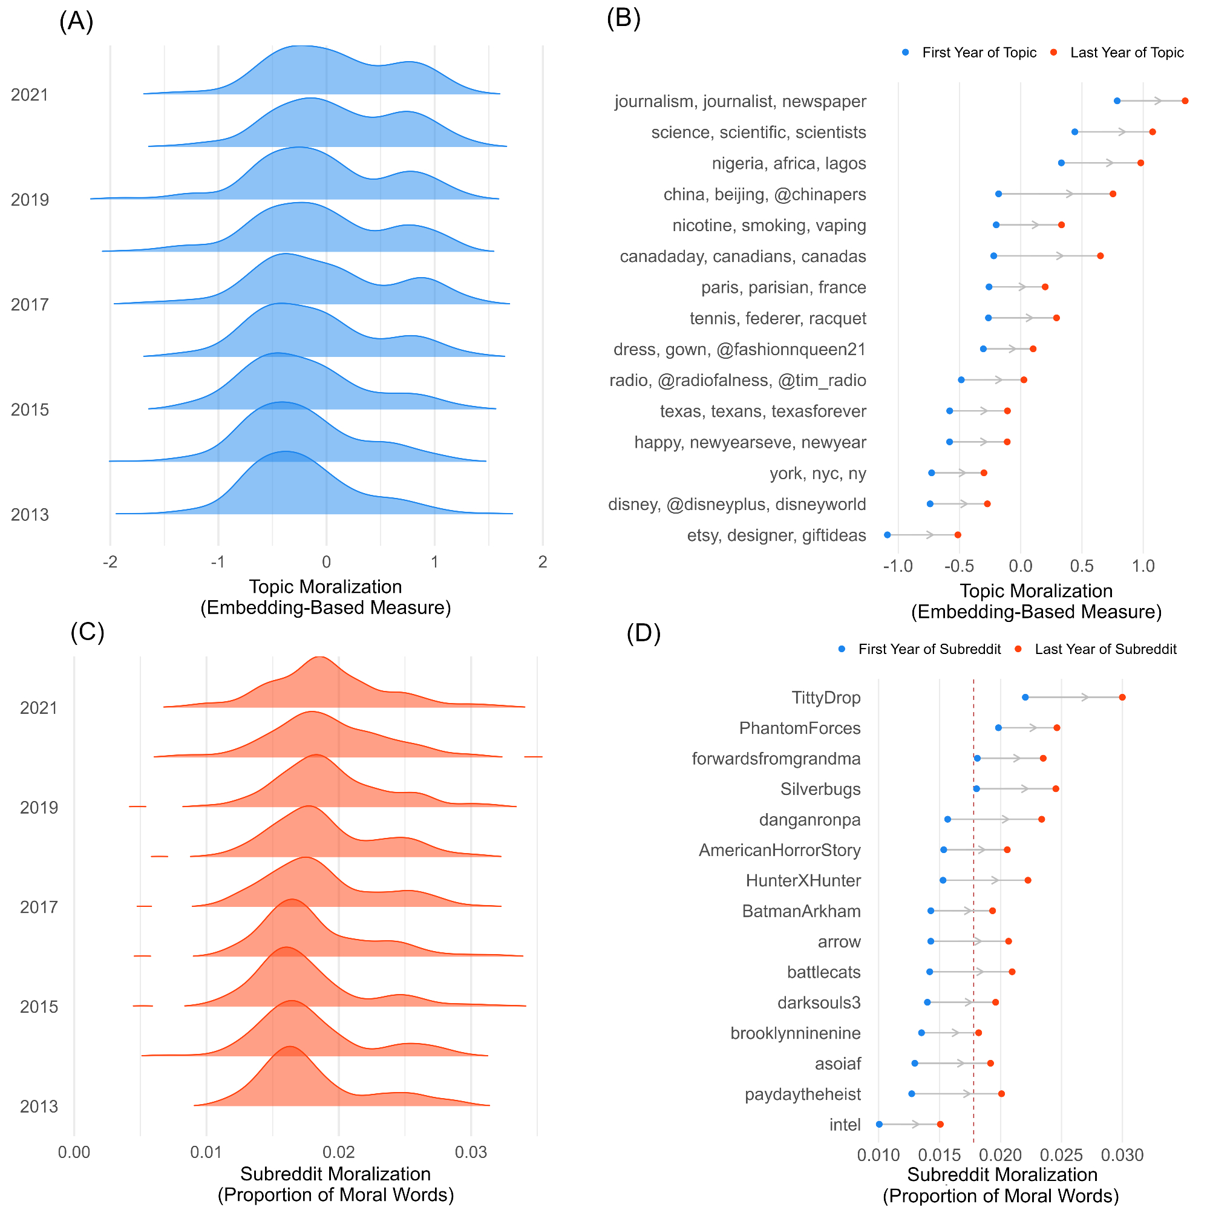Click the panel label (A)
click(76, 21)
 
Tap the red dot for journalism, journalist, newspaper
click(1185, 101)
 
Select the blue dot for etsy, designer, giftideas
click(888, 535)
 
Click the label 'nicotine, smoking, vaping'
click(769, 226)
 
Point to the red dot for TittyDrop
click(1122, 697)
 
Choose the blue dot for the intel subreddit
click(879, 1124)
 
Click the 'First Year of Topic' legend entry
click(979, 53)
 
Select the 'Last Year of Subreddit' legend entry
click(1105, 649)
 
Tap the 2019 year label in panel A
click(30, 200)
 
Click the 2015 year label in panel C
click(39, 1007)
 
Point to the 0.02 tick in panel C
click(339, 1153)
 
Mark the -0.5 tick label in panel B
click(959, 566)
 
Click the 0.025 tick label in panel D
click(1061, 1155)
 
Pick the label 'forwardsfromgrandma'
click(776, 759)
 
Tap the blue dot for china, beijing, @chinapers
click(998, 194)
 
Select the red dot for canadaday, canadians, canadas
click(1100, 256)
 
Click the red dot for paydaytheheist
click(1001, 1093)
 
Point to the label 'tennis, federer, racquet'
click(778, 318)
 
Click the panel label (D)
click(644, 633)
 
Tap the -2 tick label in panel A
click(110, 562)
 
